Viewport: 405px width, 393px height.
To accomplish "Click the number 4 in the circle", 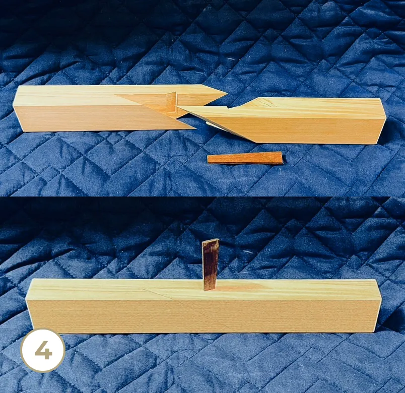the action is click(x=43, y=350).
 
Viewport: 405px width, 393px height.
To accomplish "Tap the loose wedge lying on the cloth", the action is click(x=245, y=158).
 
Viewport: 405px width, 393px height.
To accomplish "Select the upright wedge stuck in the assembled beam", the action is click(x=211, y=265).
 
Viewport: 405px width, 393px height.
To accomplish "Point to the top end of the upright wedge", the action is click(x=211, y=241).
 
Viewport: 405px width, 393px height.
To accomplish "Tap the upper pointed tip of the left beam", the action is click(x=227, y=93).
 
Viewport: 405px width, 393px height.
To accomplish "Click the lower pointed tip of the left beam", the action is click(x=196, y=127).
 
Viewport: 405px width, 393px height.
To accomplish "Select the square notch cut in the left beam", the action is click(x=171, y=103).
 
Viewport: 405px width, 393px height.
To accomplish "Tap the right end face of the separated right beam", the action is click(x=382, y=121).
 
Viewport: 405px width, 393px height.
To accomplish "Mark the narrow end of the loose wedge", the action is click(x=209, y=160).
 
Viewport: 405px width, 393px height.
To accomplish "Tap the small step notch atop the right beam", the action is click(x=227, y=107).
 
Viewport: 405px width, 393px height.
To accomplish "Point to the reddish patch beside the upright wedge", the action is click(x=240, y=287).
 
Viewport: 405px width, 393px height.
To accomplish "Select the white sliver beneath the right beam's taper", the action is click(x=214, y=125).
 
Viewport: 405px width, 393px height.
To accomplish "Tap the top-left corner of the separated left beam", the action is click(x=19, y=87).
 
